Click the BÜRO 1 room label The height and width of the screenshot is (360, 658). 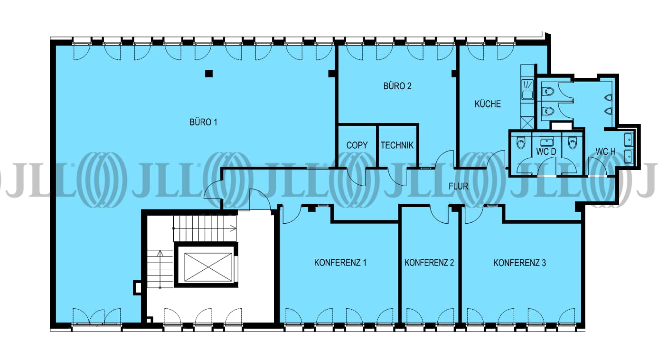[x=203, y=122]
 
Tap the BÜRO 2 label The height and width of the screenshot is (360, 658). [x=397, y=86]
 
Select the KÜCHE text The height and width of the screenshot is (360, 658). [x=488, y=104]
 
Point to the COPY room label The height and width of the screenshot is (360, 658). [x=357, y=145]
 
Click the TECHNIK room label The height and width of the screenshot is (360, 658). [x=397, y=145]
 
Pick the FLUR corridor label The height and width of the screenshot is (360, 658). [x=459, y=186]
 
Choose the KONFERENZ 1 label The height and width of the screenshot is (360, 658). [x=340, y=263]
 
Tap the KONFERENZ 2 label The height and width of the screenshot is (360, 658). [x=429, y=263]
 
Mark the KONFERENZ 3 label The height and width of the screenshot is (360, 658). [x=520, y=263]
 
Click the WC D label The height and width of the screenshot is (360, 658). [x=546, y=152]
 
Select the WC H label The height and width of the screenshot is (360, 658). [x=605, y=152]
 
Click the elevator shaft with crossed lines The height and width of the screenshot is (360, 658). [x=208, y=267]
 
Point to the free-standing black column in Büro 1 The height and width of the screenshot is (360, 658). [x=208, y=73]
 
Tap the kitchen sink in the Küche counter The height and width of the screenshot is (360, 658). [x=527, y=90]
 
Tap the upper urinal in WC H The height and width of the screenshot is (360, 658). [x=609, y=97]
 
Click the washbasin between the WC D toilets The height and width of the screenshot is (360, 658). [x=546, y=142]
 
